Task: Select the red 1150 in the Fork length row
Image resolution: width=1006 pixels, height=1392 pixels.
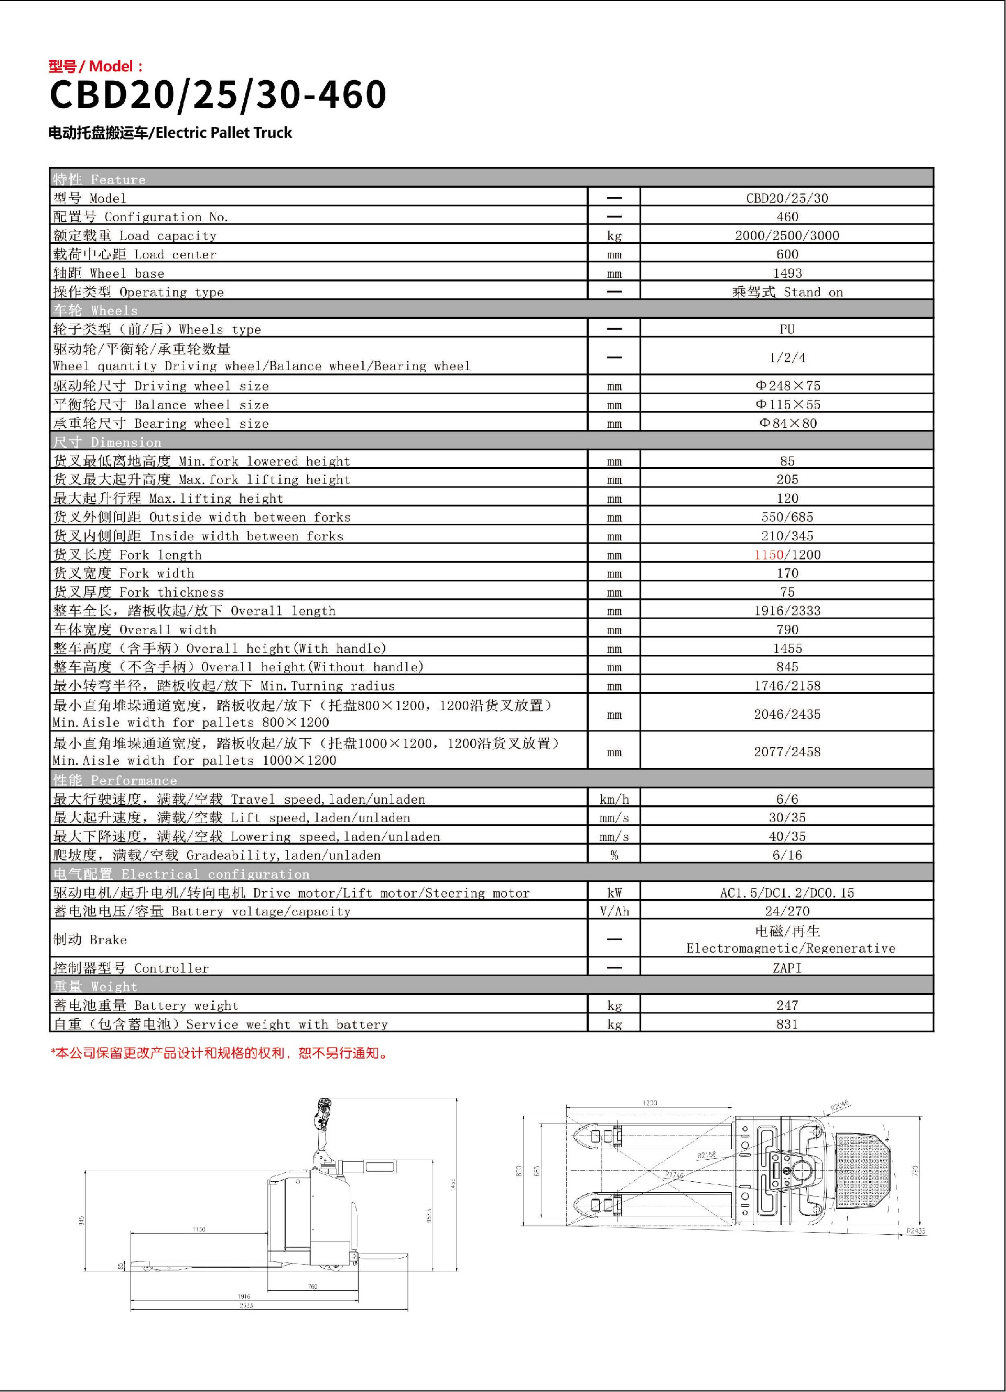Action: coord(769,555)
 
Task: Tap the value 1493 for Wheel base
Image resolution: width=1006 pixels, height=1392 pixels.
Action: coord(787,273)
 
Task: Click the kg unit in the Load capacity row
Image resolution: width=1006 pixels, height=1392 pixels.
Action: coord(614,236)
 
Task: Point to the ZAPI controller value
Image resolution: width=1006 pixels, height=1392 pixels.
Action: coord(787,968)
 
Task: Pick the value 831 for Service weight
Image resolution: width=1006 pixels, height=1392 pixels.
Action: coord(787,1024)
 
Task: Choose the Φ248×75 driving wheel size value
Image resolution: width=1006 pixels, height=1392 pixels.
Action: coord(787,385)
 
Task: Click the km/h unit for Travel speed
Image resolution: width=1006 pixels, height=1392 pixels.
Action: coord(614,799)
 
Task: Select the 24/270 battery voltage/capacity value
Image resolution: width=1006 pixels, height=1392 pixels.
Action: coord(787,911)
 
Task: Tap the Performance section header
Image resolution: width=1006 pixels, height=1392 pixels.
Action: coord(115,780)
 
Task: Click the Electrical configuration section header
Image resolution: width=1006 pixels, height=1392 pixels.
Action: coord(181,874)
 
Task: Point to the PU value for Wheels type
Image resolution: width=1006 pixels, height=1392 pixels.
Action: coord(787,329)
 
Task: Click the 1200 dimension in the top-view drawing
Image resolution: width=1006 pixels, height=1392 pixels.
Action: coord(650,1103)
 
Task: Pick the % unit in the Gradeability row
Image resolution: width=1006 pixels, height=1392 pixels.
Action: coord(614,855)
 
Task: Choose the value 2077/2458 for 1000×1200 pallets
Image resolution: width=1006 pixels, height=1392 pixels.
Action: coord(787,752)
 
